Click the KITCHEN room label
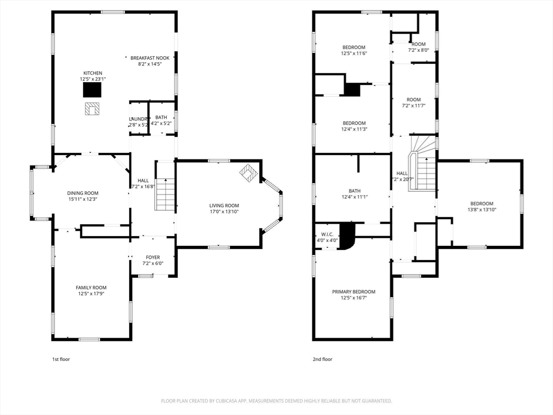[92, 73]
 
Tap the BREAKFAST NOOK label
[150, 58]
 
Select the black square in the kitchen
[92, 89]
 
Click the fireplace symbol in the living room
[249, 172]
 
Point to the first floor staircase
[165, 194]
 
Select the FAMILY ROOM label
[91, 287]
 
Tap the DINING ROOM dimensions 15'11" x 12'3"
[83, 199]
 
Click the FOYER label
[153, 257]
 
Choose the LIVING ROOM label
[224, 205]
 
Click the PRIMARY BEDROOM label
[353, 292]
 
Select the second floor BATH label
[354, 191]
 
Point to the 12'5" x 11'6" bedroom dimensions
[354, 53]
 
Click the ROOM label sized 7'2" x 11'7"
[414, 99]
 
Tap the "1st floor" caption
[60, 359]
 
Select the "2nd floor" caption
[322, 359]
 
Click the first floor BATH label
[161, 117]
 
